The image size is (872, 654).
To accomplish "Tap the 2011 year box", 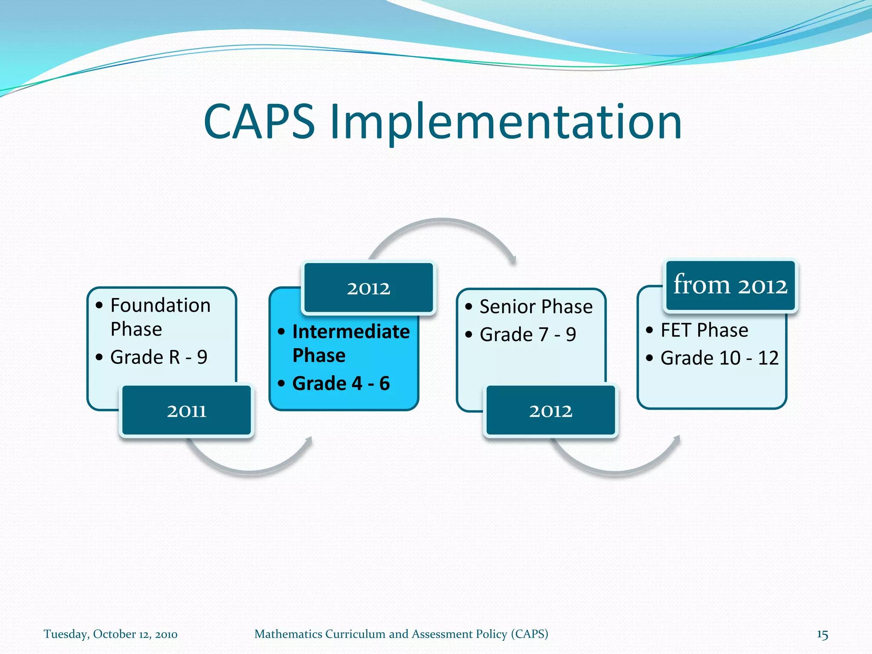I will (x=186, y=411).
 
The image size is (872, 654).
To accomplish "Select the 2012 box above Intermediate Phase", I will (x=368, y=288).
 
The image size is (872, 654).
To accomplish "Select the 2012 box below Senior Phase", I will (x=551, y=411).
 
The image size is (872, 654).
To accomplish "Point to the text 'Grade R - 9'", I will (x=158, y=357).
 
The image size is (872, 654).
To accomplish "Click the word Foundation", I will (x=161, y=306).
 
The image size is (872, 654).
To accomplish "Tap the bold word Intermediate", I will (x=351, y=332).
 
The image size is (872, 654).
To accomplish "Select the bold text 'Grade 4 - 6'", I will (x=341, y=383).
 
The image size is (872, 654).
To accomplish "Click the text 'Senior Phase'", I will (x=536, y=307).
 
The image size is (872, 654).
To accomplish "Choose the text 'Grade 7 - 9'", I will (x=528, y=335).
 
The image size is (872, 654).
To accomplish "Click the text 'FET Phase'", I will (x=704, y=330).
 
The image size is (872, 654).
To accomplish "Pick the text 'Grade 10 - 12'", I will (x=719, y=358).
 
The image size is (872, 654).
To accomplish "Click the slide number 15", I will (x=822, y=634).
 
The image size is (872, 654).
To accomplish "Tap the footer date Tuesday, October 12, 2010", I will (x=110, y=634).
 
